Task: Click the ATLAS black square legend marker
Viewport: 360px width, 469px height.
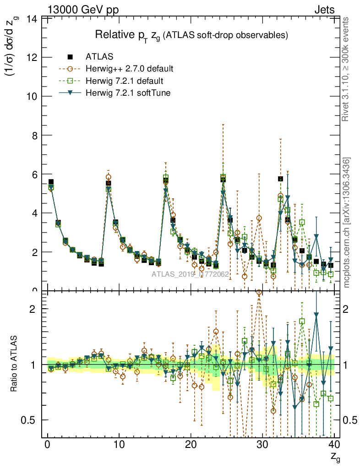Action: pyautogui.click(x=70, y=57)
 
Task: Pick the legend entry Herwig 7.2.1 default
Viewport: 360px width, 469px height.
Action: pyautogui.click(x=124, y=81)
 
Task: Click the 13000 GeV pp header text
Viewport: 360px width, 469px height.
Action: pyautogui.click(x=83, y=9)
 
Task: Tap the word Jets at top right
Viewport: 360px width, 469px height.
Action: pyautogui.click(x=324, y=9)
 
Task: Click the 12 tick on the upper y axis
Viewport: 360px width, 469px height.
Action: pyautogui.click(x=33, y=57)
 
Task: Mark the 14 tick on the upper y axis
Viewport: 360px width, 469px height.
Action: pyautogui.click(x=33, y=19)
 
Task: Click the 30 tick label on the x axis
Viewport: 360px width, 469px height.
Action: pyautogui.click(x=262, y=445)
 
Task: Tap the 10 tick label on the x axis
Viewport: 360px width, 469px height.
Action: pyautogui.click(x=119, y=445)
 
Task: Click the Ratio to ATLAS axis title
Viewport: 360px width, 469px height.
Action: pyautogui.click(x=14, y=365)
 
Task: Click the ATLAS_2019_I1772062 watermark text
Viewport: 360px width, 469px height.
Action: pyautogui.click(x=190, y=274)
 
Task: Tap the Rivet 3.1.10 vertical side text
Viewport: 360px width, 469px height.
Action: pyautogui.click(x=346, y=69)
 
